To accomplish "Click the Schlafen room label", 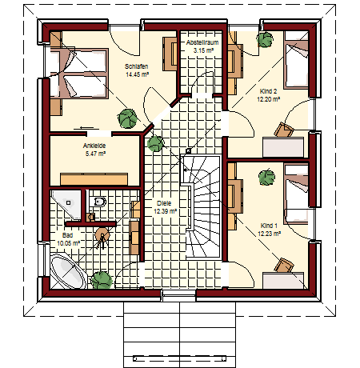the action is (x=136, y=66).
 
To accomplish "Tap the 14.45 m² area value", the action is (x=137, y=74).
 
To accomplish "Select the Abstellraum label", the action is (x=202, y=42).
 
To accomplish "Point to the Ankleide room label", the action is (x=94, y=146).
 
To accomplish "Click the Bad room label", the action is (x=67, y=235).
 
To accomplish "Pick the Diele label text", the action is (x=164, y=203).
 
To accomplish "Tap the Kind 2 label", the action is (x=268, y=91).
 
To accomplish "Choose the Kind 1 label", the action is (x=269, y=226).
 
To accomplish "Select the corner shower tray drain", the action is (x=69, y=202).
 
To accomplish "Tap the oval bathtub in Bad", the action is (x=68, y=271).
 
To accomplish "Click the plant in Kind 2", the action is (x=265, y=40).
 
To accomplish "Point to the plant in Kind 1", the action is (x=266, y=178).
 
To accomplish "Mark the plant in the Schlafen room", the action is (x=127, y=118).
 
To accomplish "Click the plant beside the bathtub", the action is (x=102, y=280).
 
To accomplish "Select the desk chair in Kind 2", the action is (x=284, y=130).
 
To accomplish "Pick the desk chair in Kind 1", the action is (x=284, y=266).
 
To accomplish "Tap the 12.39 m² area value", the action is (x=165, y=211).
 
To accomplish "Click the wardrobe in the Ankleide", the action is (x=94, y=179).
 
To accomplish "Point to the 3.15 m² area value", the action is (x=203, y=50).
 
